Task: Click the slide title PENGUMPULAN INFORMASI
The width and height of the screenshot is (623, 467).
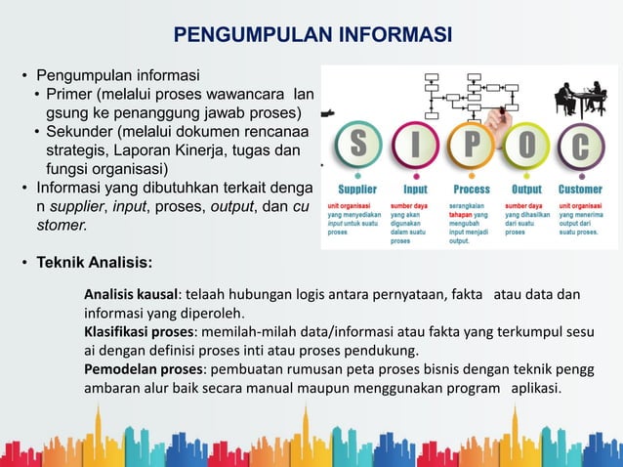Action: tap(312, 36)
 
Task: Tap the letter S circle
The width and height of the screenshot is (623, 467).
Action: tap(359, 146)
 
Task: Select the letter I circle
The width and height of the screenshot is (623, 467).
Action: tap(415, 146)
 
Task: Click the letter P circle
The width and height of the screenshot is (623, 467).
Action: tap(472, 146)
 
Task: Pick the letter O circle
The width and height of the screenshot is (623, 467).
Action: tap(526, 146)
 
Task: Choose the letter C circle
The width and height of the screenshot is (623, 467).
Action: tap(581, 146)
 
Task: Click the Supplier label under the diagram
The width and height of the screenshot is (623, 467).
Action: tap(357, 189)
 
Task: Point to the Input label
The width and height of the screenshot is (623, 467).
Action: tap(415, 189)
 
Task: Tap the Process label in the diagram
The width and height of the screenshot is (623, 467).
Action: tap(472, 189)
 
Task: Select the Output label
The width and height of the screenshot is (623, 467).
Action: tap(526, 189)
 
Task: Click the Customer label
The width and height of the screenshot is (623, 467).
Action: tap(580, 189)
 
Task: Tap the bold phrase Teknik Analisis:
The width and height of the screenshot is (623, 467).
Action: tap(94, 262)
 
